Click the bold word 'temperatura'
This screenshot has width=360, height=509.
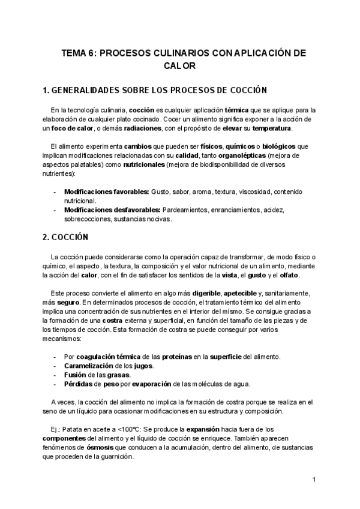tap(272, 128)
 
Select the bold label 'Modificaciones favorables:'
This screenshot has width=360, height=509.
tap(107, 191)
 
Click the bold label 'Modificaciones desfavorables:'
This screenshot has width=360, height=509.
tap(112, 210)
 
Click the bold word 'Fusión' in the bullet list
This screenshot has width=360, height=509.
tap(76, 375)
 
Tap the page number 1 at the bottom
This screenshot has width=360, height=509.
tap(314, 480)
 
